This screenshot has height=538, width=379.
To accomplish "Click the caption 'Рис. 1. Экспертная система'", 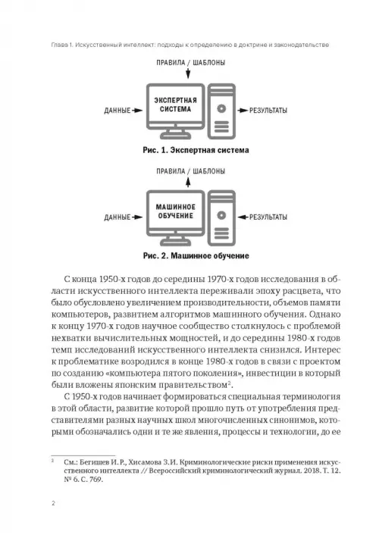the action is [x=196, y=150].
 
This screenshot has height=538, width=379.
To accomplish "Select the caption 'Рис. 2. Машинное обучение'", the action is [x=196, y=256].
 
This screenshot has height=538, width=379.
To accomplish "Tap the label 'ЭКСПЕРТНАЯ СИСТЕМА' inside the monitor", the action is [x=175, y=105].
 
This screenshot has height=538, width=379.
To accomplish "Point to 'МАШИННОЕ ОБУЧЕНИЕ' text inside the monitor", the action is [x=175, y=211].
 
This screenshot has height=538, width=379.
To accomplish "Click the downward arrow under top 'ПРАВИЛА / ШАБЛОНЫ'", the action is [x=188, y=73].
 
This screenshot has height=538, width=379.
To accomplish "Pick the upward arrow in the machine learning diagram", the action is [x=188, y=182].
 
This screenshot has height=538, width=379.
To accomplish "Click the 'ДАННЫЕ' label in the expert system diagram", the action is [x=117, y=111].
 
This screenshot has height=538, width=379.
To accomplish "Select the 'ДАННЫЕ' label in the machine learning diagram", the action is [x=117, y=217].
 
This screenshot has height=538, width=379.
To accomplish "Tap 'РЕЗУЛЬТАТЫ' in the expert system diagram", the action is [x=268, y=111].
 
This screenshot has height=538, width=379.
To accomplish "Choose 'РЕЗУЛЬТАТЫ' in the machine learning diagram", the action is [x=268, y=217].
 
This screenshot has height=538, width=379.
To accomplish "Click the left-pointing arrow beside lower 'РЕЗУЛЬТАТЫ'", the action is [x=243, y=217].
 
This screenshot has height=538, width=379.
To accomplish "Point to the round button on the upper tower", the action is [x=221, y=109].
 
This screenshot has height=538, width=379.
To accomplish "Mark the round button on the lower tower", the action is [x=221, y=215].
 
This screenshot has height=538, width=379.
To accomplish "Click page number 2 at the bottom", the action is [x=53, y=503].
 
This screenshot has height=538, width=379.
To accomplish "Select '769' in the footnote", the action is [x=96, y=480].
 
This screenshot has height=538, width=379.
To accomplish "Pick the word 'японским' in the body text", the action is [x=123, y=385].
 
